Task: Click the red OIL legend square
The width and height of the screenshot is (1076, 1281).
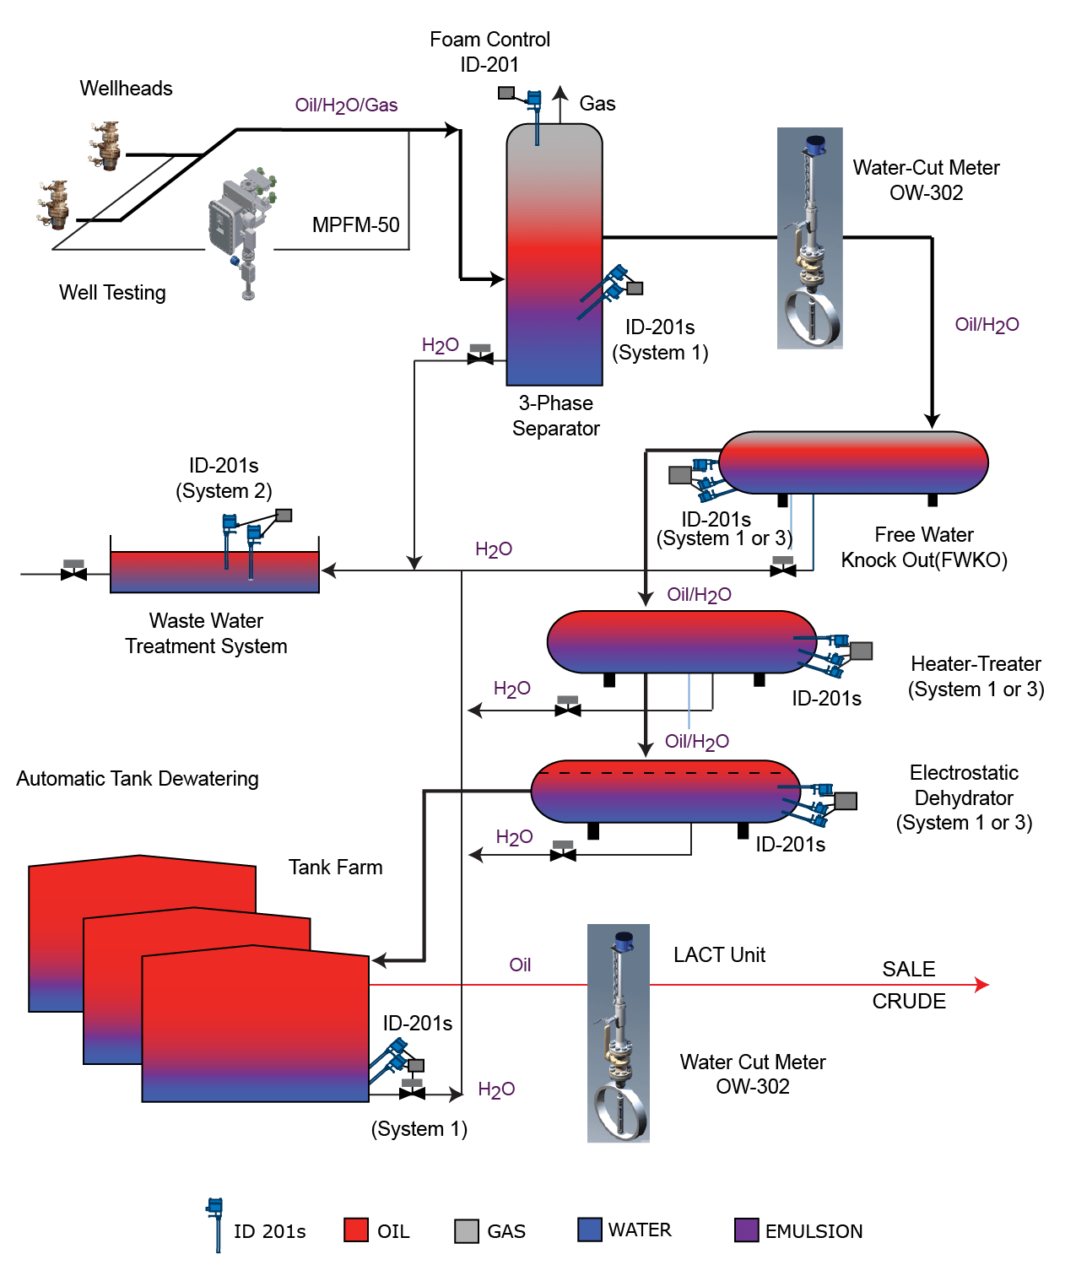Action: (x=356, y=1230)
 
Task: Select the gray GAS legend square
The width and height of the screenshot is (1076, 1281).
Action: (x=466, y=1231)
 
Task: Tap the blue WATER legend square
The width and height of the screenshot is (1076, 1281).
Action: (x=589, y=1230)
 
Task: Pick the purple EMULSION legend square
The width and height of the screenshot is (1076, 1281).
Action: (x=746, y=1230)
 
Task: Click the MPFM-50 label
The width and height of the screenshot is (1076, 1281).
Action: (x=355, y=225)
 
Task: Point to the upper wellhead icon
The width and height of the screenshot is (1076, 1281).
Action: (x=106, y=146)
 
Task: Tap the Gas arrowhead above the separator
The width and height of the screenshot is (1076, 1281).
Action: (x=560, y=92)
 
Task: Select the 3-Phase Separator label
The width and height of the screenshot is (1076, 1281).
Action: (x=555, y=416)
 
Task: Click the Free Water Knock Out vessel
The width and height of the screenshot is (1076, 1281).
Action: (x=852, y=462)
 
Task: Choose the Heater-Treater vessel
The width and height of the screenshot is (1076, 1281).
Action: (x=680, y=642)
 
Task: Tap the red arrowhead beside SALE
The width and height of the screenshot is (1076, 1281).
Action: (x=981, y=985)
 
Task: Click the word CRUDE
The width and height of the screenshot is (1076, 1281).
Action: (x=908, y=1002)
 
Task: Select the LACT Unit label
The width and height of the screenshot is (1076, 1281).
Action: (x=719, y=955)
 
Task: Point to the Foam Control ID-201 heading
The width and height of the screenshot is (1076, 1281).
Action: (x=489, y=51)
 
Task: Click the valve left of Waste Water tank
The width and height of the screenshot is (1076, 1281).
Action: (x=74, y=573)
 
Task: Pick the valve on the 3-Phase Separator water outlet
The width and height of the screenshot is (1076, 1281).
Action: (x=480, y=358)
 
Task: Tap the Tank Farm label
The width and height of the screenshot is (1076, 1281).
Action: (x=335, y=868)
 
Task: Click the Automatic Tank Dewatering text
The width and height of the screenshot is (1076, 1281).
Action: (x=138, y=779)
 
